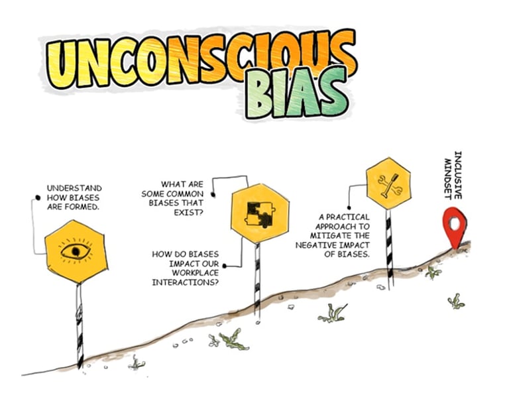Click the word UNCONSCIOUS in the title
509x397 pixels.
click(x=192, y=62)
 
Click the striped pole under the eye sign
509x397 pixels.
click(x=79, y=325)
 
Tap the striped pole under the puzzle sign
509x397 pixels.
click(x=257, y=278)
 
